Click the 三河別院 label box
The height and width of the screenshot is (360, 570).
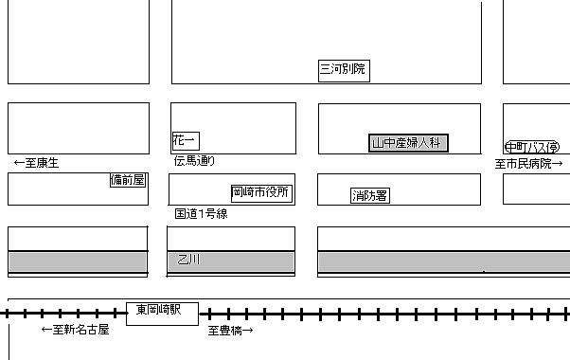(344, 71)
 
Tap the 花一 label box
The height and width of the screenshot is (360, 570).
(186, 141)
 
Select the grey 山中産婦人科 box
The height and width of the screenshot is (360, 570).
(408, 143)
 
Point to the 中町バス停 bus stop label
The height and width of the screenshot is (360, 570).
(532, 147)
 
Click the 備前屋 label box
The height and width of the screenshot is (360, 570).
(128, 180)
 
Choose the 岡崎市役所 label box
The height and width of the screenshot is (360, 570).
(261, 193)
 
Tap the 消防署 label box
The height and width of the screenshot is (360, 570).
(370, 196)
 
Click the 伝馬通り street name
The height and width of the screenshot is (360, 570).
(194, 160)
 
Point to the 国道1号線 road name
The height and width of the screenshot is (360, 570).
(201, 213)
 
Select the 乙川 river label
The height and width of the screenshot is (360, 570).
(188, 260)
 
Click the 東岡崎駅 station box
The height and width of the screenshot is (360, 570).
(162, 314)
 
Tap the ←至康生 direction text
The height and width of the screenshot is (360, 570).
(36, 163)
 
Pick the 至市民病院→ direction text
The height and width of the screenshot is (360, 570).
(529, 164)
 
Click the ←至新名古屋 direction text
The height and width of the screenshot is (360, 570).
(75, 330)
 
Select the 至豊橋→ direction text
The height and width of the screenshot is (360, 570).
(230, 331)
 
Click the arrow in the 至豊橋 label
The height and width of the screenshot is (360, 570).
(247, 331)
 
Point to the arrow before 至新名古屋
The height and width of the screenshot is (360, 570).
(46, 330)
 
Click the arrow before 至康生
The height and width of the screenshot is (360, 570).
(19, 163)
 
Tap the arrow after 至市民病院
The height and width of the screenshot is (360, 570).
(558, 164)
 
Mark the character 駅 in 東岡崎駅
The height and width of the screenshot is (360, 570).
(175, 310)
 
